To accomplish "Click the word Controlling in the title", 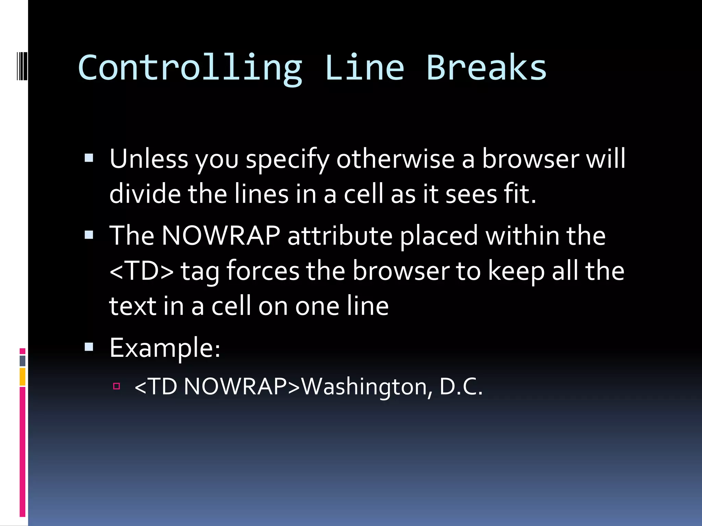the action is click(190, 68).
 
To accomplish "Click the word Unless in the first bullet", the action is click(149, 159).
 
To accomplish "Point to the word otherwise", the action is click(395, 159).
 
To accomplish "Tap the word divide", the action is click(145, 194).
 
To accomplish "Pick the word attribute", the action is click(340, 236).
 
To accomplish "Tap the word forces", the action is click(263, 271).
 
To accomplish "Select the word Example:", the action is click(165, 348).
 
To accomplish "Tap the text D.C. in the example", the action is click(461, 386).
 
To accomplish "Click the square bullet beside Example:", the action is click(89, 347).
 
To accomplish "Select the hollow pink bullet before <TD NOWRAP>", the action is click(117, 387).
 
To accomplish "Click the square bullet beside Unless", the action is click(89, 158).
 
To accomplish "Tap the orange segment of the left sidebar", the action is click(23, 377).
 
